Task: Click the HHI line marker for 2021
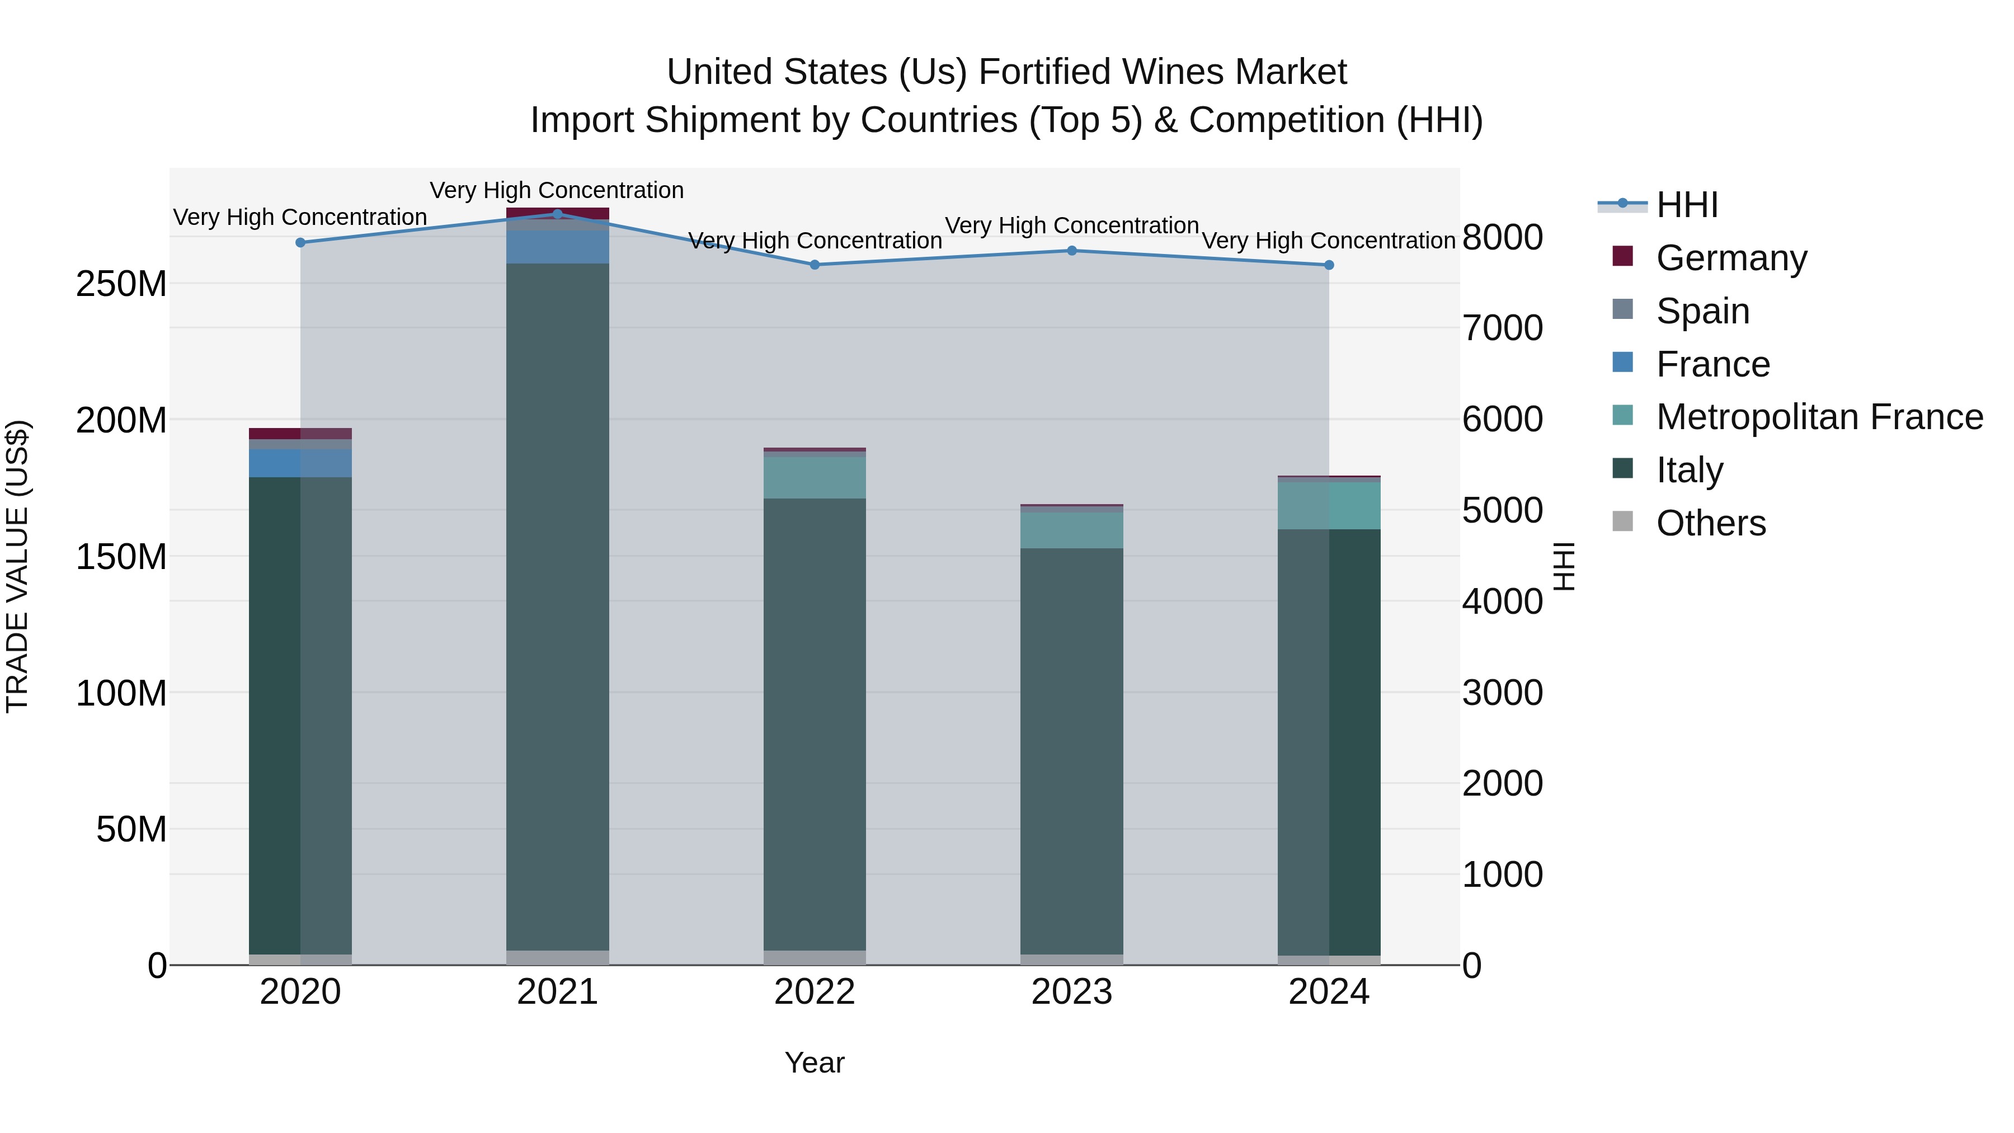pos(557,214)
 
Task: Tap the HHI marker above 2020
pos(300,242)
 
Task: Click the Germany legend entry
pos(1731,258)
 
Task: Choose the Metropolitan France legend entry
pos(1819,417)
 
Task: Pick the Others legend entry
pos(1711,523)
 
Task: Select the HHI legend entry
pos(1686,205)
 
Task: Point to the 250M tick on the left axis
pos(121,284)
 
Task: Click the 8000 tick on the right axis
pos(1502,238)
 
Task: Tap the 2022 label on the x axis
pos(815,992)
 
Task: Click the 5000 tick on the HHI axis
pos(1502,511)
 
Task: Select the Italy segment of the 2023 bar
pos(1072,751)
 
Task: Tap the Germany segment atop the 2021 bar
pos(557,212)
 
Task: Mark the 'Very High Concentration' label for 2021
pos(557,190)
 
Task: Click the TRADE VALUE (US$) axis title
pos(17,566)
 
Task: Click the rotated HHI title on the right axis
pos(1563,566)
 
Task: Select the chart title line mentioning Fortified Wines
pos(1006,72)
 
